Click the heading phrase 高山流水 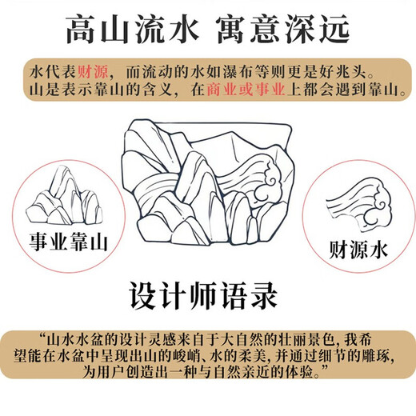click(133, 30)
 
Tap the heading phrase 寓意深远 click(283, 30)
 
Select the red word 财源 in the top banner click(93, 71)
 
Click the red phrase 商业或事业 click(246, 90)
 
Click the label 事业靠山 click(68, 242)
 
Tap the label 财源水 click(358, 250)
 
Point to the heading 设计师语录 click(203, 296)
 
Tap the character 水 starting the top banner click(37, 71)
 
